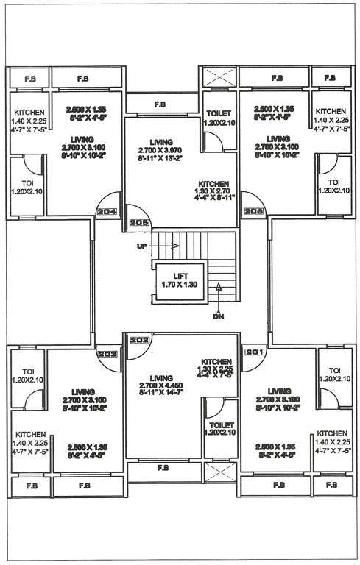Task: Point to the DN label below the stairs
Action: pos(218,316)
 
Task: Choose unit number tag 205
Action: pos(138,223)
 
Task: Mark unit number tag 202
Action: pos(138,341)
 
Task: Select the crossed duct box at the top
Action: pos(219,77)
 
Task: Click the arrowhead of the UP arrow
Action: pos(177,246)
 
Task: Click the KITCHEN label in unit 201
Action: pos(331,434)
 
